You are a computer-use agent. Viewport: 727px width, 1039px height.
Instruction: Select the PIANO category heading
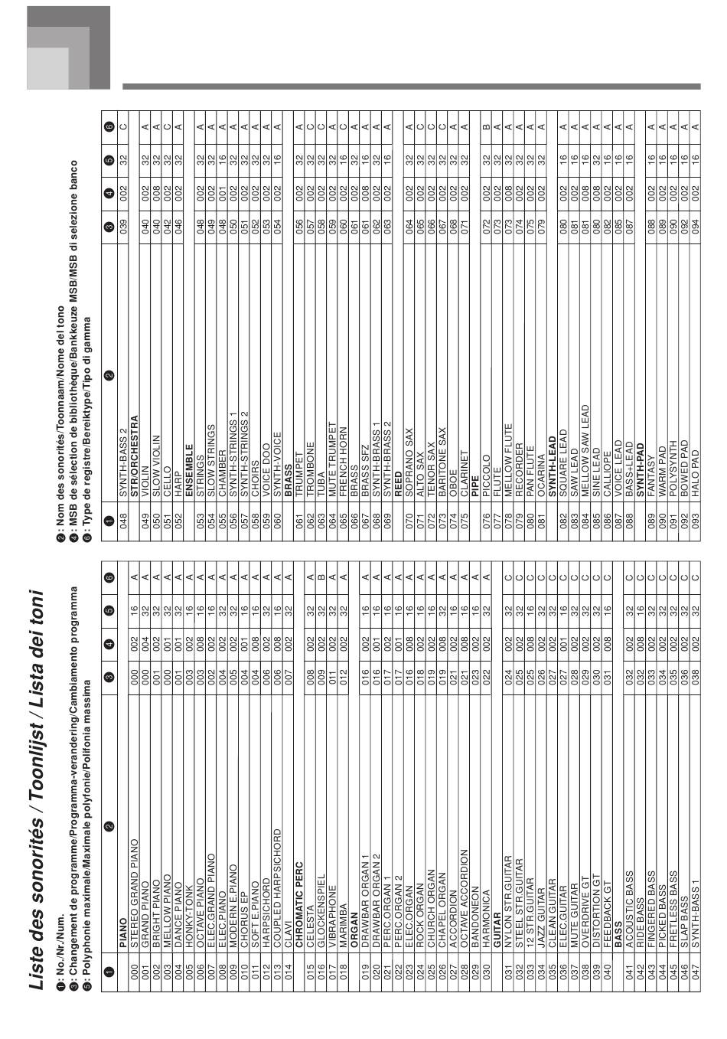tap(123, 942)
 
